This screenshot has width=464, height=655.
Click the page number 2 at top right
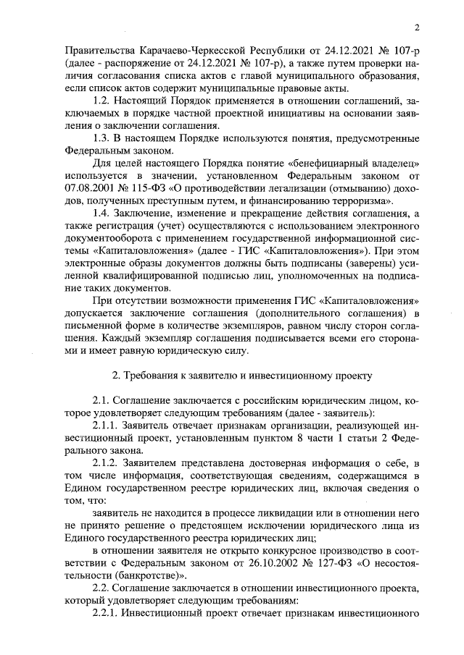coord(418,28)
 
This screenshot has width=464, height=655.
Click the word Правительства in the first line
coord(96,53)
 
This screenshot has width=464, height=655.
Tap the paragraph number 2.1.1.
coord(109,426)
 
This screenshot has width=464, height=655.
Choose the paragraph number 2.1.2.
coord(109,464)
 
